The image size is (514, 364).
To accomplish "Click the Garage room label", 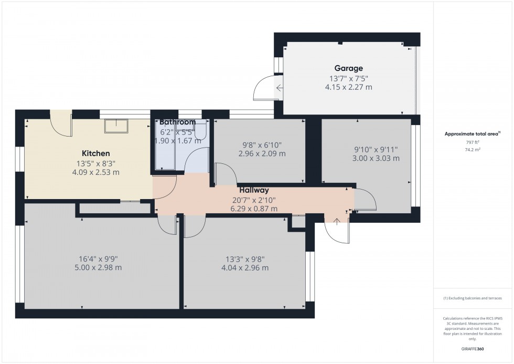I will tap(348, 68).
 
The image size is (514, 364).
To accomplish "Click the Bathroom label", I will tap(177, 122).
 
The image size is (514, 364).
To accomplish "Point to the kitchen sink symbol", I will tap(116, 126).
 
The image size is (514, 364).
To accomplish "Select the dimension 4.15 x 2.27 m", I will tap(348, 87).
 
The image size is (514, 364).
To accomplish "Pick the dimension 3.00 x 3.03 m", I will tap(376, 158).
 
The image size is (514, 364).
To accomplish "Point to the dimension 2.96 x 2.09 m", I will tap(262, 154).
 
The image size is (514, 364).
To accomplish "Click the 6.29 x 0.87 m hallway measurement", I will tap(254, 209).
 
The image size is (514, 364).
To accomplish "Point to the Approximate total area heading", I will tap(473, 134).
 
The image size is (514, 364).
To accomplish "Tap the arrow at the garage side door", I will tap(279, 88).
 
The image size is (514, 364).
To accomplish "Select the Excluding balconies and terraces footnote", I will tap(473, 298).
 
